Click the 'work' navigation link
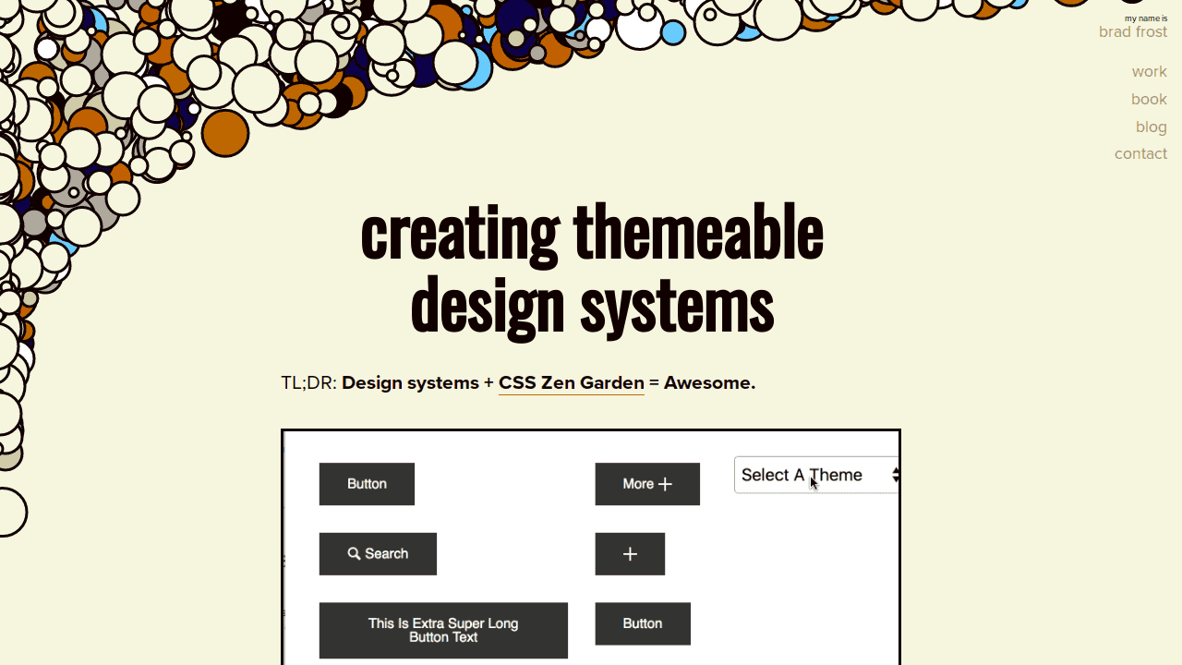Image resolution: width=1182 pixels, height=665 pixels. tap(1149, 71)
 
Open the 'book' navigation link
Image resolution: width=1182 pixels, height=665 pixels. tap(1149, 99)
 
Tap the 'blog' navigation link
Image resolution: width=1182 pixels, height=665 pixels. tap(1151, 127)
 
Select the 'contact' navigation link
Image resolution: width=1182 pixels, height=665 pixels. tap(1140, 153)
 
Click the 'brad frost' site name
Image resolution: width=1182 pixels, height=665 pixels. tap(1133, 32)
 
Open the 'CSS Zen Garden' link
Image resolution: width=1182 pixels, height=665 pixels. tap(571, 382)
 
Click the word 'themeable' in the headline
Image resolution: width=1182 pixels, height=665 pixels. tap(698, 232)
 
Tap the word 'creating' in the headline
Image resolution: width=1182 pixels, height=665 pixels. tap(459, 236)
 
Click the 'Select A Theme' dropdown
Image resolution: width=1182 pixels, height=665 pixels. tap(816, 475)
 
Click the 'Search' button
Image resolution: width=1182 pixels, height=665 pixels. tap(378, 553)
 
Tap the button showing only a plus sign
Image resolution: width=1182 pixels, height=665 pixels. tap(630, 553)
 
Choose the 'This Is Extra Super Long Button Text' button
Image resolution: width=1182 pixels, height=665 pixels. tap(443, 630)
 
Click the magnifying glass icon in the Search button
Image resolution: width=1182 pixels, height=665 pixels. tap(354, 553)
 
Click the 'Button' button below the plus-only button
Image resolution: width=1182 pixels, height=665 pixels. tap(643, 623)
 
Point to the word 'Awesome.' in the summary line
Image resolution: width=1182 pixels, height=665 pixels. tap(710, 382)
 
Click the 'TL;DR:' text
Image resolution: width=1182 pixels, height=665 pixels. tap(308, 382)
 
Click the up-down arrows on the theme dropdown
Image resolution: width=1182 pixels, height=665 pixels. tap(896, 475)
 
